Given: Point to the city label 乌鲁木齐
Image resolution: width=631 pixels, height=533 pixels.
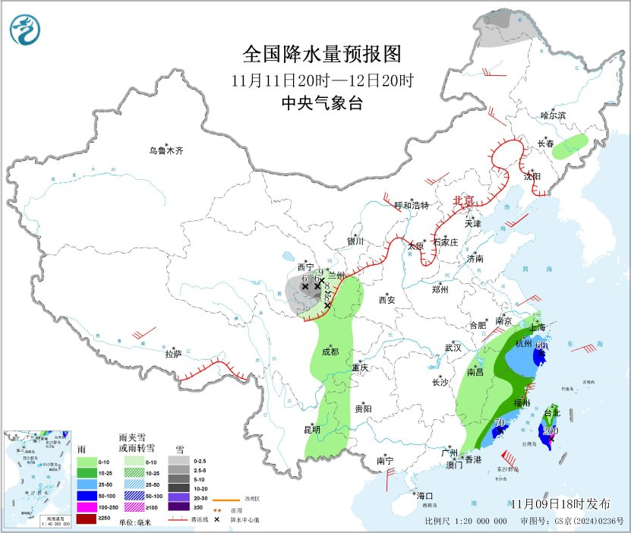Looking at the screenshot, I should (166, 151).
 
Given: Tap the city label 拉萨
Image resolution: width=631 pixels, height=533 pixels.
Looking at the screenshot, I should (174, 354).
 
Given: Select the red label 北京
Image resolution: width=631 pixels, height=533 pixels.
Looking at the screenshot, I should (463, 201).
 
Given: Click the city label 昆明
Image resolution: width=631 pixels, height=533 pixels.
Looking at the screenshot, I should (312, 430).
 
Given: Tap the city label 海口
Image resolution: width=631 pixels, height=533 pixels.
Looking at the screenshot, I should (424, 496).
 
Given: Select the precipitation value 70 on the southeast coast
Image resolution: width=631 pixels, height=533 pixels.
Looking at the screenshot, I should (500, 423).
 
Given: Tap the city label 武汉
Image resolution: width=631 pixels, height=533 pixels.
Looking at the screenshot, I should (453, 348).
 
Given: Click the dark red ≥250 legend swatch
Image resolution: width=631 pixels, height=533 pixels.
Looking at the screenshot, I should (87, 519).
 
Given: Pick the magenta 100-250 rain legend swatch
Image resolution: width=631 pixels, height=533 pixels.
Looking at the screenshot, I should (87, 507).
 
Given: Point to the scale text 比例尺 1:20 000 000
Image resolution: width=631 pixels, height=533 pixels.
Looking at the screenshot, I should (465, 522).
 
